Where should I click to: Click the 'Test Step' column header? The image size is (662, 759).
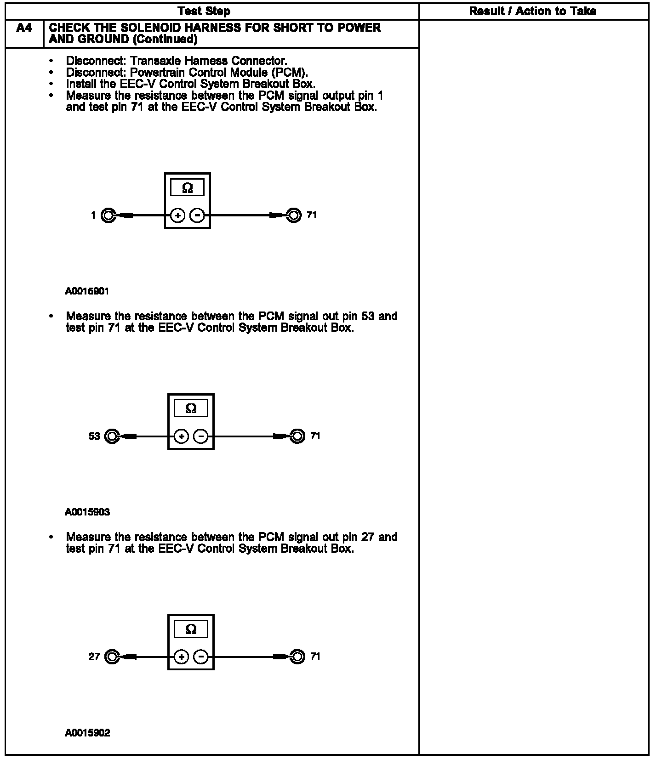(x=204, y=11)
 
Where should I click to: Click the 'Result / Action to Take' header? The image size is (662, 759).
(x=532, y=11)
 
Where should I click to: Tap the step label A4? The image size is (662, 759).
(x=24, y=28)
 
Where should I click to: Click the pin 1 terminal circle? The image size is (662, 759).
(x=108, y=215)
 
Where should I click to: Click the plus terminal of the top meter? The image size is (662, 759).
(x=178, y=215)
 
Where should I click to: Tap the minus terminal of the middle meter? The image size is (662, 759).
(x=200, y=436)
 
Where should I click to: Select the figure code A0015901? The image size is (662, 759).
(x=87, y=291)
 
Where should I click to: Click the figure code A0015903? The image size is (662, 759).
(x=87, y=512)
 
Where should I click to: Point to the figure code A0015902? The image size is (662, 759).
(x=87, y=733)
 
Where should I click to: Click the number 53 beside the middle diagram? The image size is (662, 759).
(x=94, y=436)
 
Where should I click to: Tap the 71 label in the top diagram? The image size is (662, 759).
(x=312, y=215)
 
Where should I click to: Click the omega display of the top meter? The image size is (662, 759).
(x=188, y=188)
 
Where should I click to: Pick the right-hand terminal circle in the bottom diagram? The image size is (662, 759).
(x=297, y=657)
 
